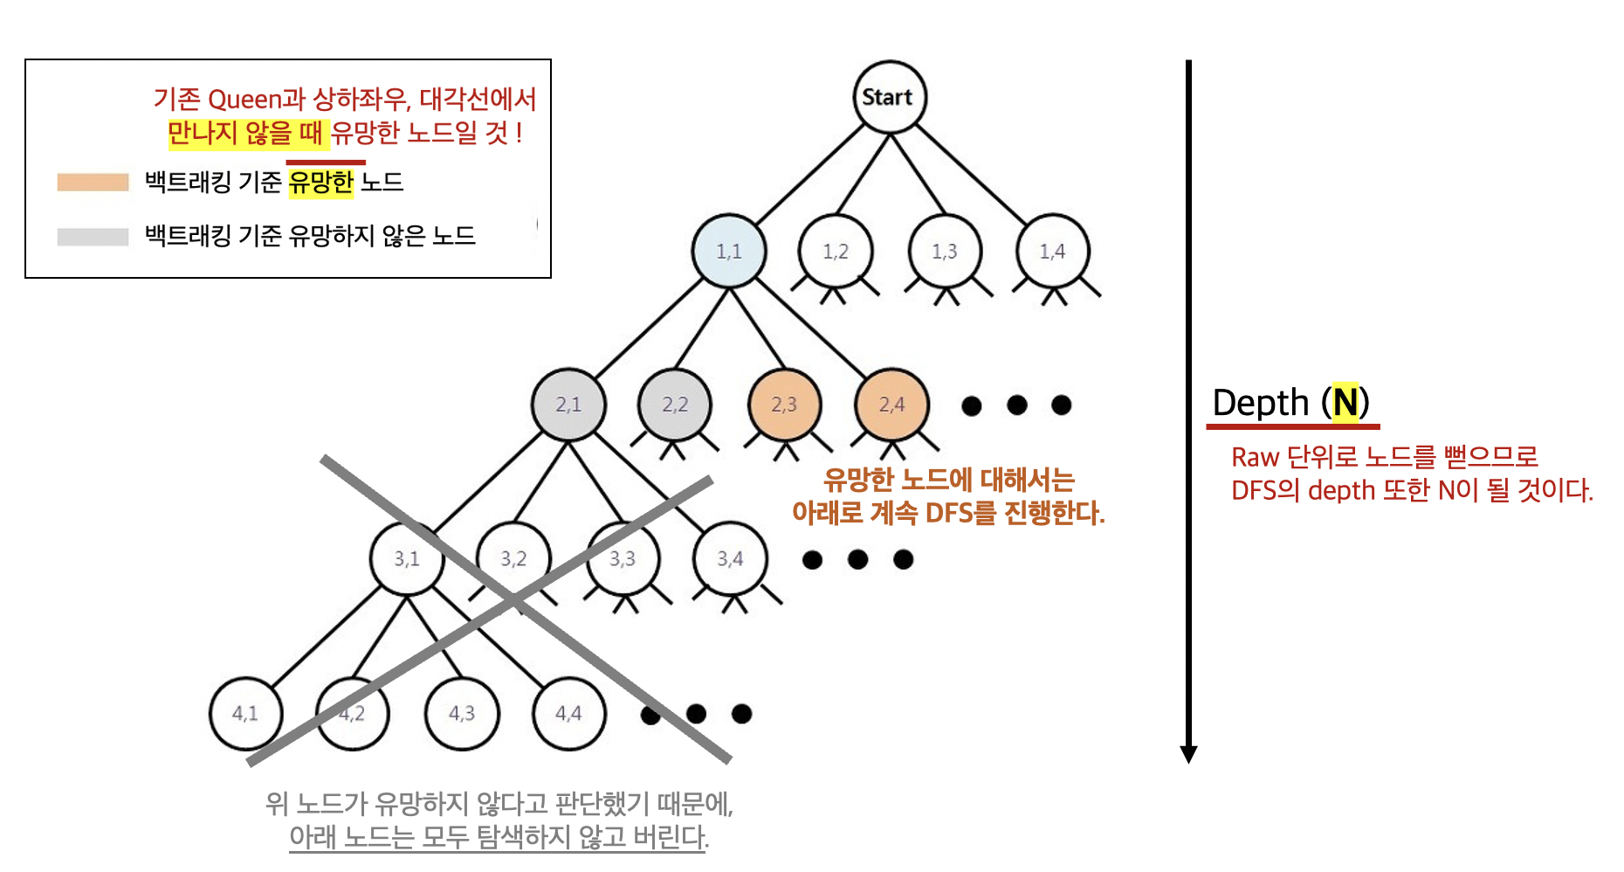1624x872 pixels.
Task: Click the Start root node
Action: coord(889,97)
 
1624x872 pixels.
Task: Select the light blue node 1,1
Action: coord(729,252)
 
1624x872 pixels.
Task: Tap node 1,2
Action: coord(836,252)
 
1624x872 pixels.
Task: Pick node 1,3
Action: coord(945,252)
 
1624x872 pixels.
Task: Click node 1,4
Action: coord(1053,252)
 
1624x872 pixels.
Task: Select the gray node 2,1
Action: coord(568,405)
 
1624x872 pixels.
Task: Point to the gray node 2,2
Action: coord(675,405)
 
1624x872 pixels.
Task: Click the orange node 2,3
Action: coord(784,405)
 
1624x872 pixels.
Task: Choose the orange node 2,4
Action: coord(891,405)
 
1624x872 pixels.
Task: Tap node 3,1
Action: coord(407,558)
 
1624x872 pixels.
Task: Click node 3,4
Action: coord(730,558)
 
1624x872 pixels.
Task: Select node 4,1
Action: coord(245,713)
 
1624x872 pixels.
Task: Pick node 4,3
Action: coord(462,713)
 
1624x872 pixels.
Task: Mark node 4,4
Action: coord(568,713)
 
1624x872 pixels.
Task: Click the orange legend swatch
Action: coord(93,182)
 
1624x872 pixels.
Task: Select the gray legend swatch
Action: coord(93,236)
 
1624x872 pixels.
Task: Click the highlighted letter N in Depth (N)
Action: coord(1345,403)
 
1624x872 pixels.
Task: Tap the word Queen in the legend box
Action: coord(244,99)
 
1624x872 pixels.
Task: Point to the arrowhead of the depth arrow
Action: coord(1188,754)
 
